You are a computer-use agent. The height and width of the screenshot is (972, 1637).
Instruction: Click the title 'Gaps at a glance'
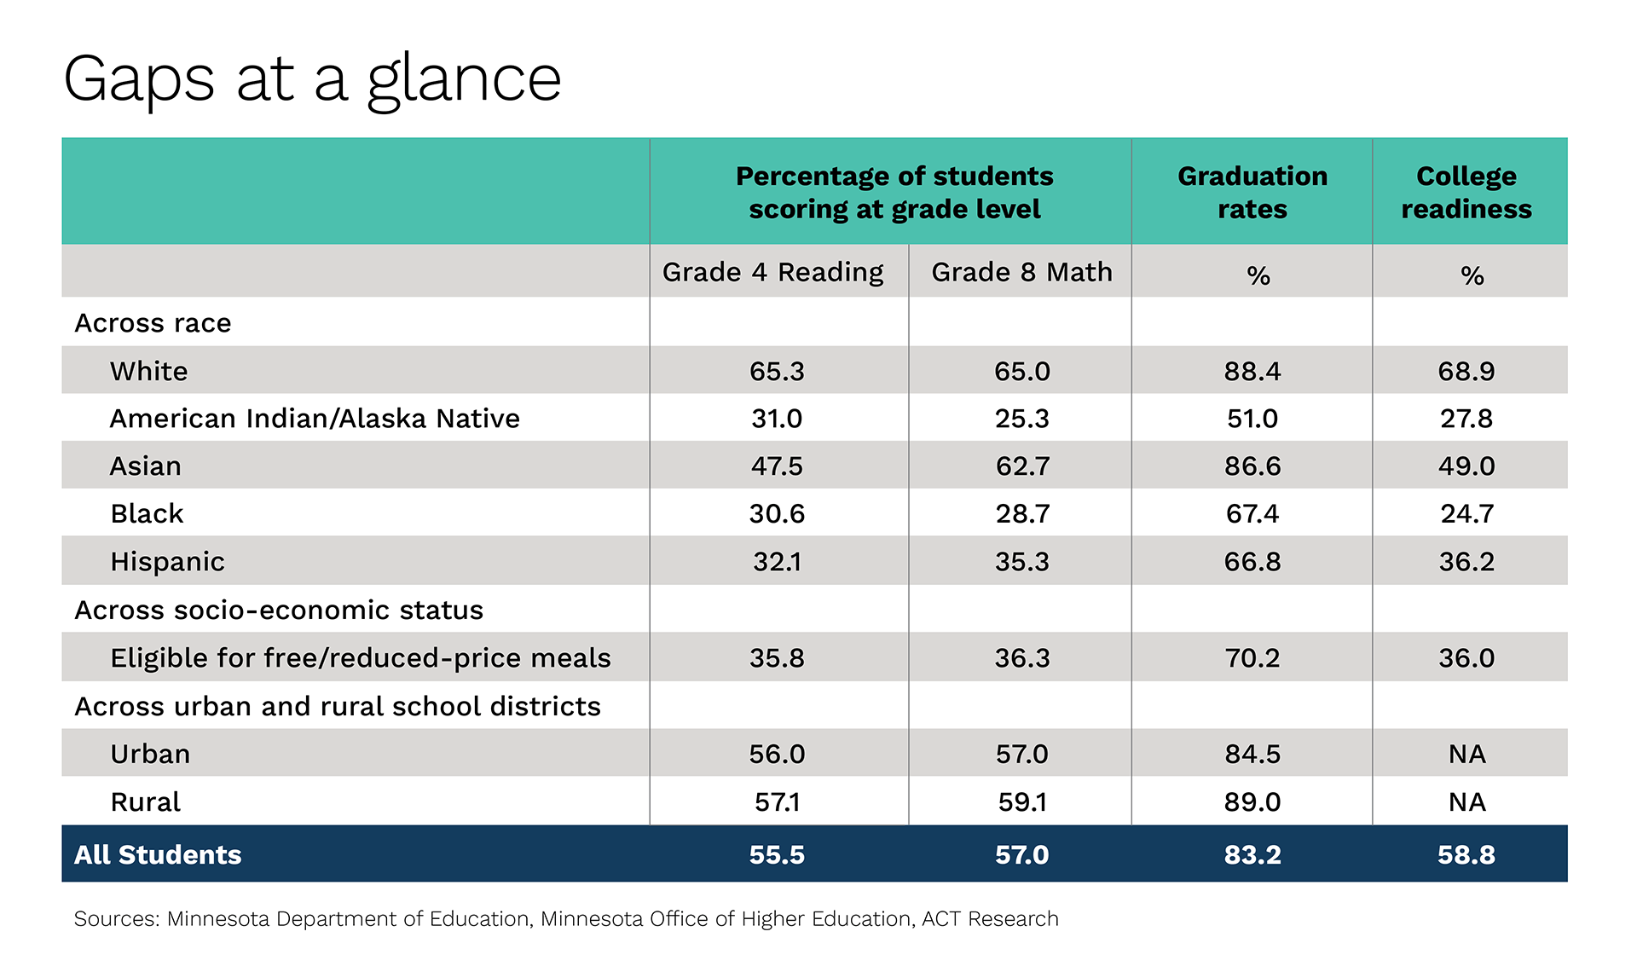click(x=312, y=80)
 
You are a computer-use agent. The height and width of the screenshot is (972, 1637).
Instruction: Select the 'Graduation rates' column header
click(x=1252, y=192)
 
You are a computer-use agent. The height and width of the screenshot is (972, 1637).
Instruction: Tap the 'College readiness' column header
click(x=1466, y=192)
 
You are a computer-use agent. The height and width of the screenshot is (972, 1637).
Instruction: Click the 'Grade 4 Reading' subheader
click(x=772, y=272)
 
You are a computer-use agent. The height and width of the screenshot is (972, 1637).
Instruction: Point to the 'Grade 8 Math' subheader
click(x=1021, y=272)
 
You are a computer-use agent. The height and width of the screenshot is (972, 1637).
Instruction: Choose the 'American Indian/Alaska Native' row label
click(x=315, y=419)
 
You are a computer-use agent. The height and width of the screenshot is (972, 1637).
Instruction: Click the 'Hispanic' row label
click(x=167, y=562)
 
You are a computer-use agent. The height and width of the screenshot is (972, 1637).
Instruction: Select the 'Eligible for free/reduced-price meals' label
click(x=361, y=658)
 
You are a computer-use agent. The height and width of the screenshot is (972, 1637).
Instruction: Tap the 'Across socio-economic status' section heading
click(x=279, y=610)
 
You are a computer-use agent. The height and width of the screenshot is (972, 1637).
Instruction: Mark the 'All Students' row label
click(x=158, y=854)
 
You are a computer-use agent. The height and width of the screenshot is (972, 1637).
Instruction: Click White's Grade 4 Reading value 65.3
click(x=777, y=371)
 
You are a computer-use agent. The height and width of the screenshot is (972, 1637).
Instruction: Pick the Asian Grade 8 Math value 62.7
click(x=1022, y=466)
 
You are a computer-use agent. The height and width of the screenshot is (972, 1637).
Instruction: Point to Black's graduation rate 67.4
click(x=1252, y=514)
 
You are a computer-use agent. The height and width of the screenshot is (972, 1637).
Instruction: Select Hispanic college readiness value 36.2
click(x=1466, y=562)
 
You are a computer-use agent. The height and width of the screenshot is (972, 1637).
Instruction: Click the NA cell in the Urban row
click(x=1467, y=755)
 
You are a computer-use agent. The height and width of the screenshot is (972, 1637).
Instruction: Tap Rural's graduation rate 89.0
click(x=1252, y=802)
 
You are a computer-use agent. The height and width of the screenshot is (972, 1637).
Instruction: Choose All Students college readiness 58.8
click(x=1466, y=854)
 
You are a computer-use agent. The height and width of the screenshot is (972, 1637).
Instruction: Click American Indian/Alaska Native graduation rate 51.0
click(x=1252, y=419)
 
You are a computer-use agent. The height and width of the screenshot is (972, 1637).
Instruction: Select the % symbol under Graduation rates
click(x=1258, y=275)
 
